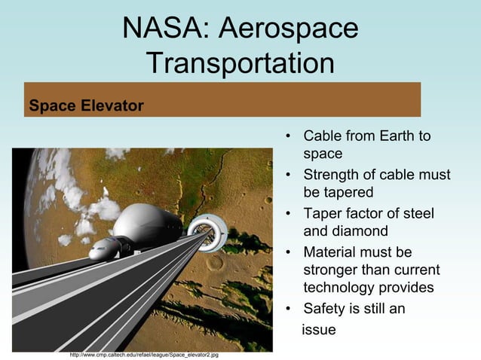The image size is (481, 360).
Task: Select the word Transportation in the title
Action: point(240,63)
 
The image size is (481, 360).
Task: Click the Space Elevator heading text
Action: point(85,105)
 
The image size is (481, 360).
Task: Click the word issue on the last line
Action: point(318,329)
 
